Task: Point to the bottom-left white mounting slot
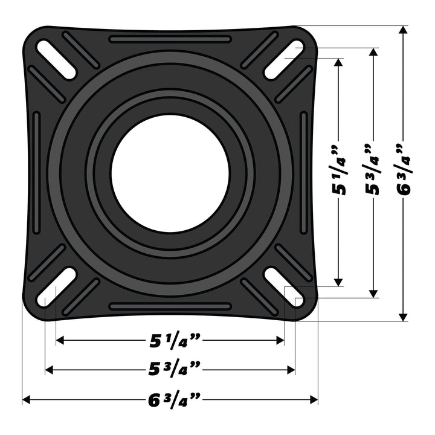[x=56, y=287]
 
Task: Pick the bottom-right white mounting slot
[x=283, y=287]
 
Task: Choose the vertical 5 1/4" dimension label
[x=340, y=170]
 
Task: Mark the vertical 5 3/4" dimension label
[x=373, y=170]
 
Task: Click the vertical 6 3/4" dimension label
[x=404, y=170]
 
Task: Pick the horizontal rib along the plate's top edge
[x=170, y=39]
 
